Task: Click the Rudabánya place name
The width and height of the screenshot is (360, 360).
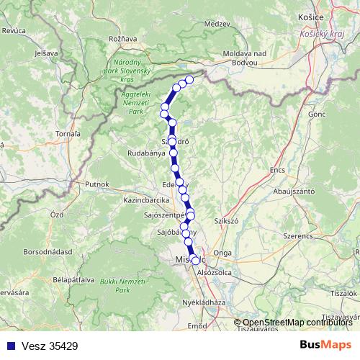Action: coord(147,153)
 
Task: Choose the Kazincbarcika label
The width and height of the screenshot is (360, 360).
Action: coord(146,199)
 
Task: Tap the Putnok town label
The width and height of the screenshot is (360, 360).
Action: coord(96,184)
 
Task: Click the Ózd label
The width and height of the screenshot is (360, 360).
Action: coord(57,215)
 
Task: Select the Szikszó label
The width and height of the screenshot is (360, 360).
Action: coord(227,220)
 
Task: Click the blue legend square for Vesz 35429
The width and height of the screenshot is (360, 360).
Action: coord(7,346)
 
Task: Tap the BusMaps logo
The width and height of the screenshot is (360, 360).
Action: coord(325,346)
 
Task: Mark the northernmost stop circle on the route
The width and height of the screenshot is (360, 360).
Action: coord(190,79)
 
